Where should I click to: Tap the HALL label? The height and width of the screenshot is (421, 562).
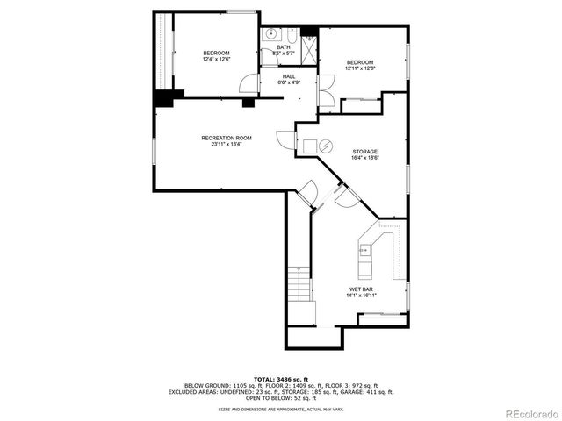click(x=289, y=76)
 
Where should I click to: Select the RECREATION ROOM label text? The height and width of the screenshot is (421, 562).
click(x=227, y=138)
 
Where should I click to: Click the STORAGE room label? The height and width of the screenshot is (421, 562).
click(x=365, y=151)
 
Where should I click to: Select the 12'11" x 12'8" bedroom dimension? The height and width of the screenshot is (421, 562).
click(x=360, y=68)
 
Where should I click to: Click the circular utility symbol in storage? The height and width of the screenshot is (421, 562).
click(x=325, y=146)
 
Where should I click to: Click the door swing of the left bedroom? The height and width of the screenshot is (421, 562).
click(x=251, y=86)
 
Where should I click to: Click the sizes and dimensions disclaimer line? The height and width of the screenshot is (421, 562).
click(x=281, y=409)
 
